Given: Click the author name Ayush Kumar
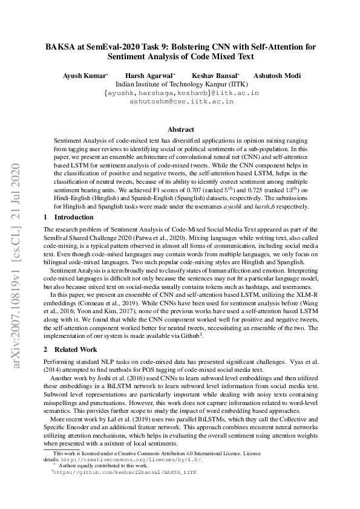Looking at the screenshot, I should tap(85, 76).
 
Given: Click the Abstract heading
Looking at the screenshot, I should tap(180, 129).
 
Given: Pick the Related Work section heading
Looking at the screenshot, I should tap(75, 349).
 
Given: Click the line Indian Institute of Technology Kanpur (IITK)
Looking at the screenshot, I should tap(181, 85).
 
